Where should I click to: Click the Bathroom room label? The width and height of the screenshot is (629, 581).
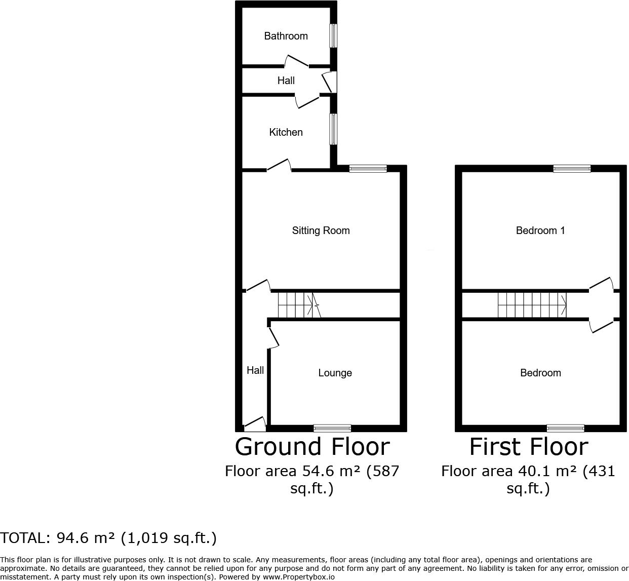tap(286, 36)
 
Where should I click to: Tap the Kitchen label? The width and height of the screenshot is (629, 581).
tap(286, 132)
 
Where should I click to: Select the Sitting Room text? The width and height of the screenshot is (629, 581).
tap(321, 230)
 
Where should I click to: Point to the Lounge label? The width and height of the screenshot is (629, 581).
tap(335, 373)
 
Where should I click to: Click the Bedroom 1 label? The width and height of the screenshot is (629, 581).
tap(540, 230)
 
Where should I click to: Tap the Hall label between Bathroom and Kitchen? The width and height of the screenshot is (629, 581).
tap(286, 81)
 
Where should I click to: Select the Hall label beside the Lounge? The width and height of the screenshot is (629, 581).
tap(255, 370)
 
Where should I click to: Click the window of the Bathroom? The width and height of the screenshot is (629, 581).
tap(333, 36)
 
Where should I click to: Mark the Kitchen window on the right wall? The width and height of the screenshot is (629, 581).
tap(333, 129)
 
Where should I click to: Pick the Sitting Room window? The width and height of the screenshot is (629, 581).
tap(368, 169)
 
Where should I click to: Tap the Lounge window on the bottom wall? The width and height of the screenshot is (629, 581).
tap(332, 428)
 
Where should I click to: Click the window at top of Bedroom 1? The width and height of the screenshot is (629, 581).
tap(572, 169)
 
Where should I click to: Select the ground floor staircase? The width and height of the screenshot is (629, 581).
tap(299, 305)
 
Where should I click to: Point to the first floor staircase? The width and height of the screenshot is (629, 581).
tap(532, 305)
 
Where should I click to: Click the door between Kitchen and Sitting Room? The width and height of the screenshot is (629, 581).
tap(279, 166)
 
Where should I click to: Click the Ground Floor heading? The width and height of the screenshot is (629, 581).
tap(312, 447)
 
